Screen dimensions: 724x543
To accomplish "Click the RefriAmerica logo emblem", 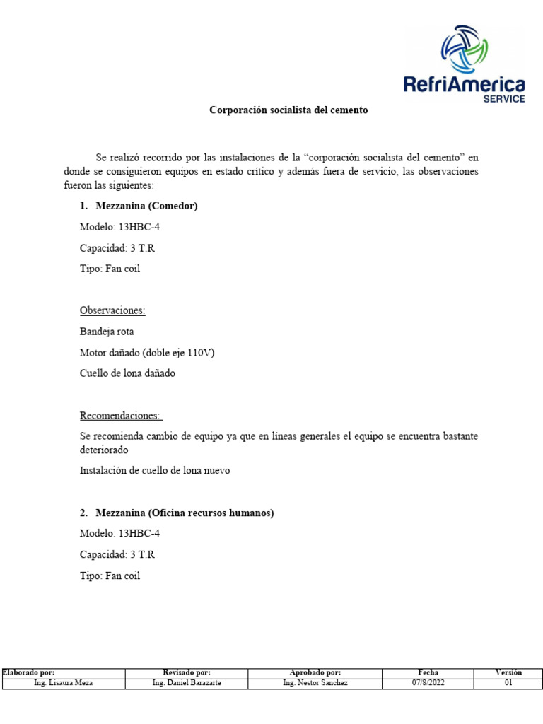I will click(x=465, y=49).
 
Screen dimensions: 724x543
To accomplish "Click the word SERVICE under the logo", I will click(x=503, y=99).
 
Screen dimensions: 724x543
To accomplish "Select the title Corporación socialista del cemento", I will click(x=288, y=110).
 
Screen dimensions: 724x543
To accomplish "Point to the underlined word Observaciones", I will click(x=113, y=310).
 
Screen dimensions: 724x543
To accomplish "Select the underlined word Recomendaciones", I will click(x=120, y=415).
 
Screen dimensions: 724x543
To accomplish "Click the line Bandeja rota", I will click(x=107, y=331).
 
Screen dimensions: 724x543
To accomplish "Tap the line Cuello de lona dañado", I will click(x=127, y=373).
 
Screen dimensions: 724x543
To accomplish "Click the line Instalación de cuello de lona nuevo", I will click(x=155, y=470).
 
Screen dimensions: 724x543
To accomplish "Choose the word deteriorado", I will click(x=105, y=450).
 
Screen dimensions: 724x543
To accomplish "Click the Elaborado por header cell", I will click(x=28, y=672).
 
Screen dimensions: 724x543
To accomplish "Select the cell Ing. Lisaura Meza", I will click(x=63, y=683).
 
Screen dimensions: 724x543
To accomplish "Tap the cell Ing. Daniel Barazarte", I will click(x=187, y=683).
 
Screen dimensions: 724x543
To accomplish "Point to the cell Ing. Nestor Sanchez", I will click(x=315, y=683).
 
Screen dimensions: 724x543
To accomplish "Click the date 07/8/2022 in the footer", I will click(x=428, y=683).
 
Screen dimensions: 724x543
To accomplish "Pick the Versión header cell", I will click(x=508, y=672).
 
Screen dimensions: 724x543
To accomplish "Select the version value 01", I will click(x=508, y=683).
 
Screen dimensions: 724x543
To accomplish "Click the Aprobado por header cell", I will click(x=315, y=672).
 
